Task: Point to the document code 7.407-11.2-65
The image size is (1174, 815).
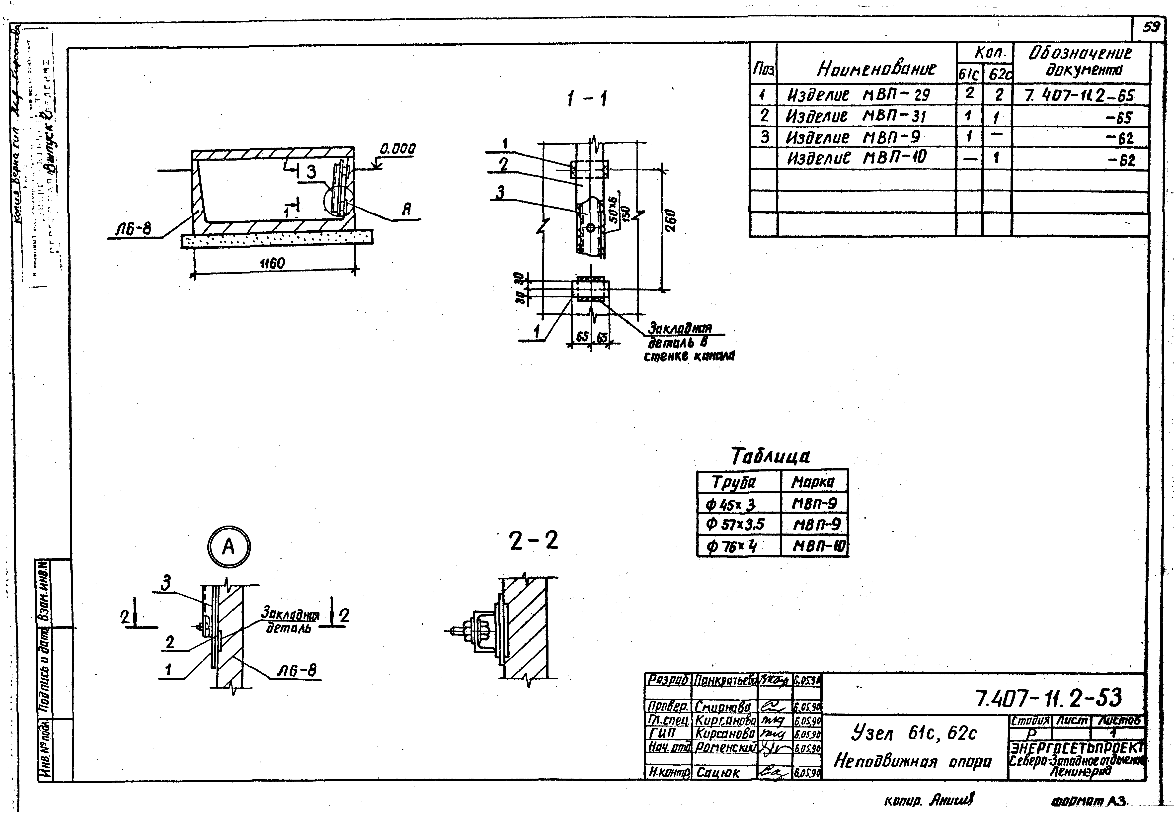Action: coord(1078,95)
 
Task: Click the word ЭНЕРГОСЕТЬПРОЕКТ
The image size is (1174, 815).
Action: coord(1077,748)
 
